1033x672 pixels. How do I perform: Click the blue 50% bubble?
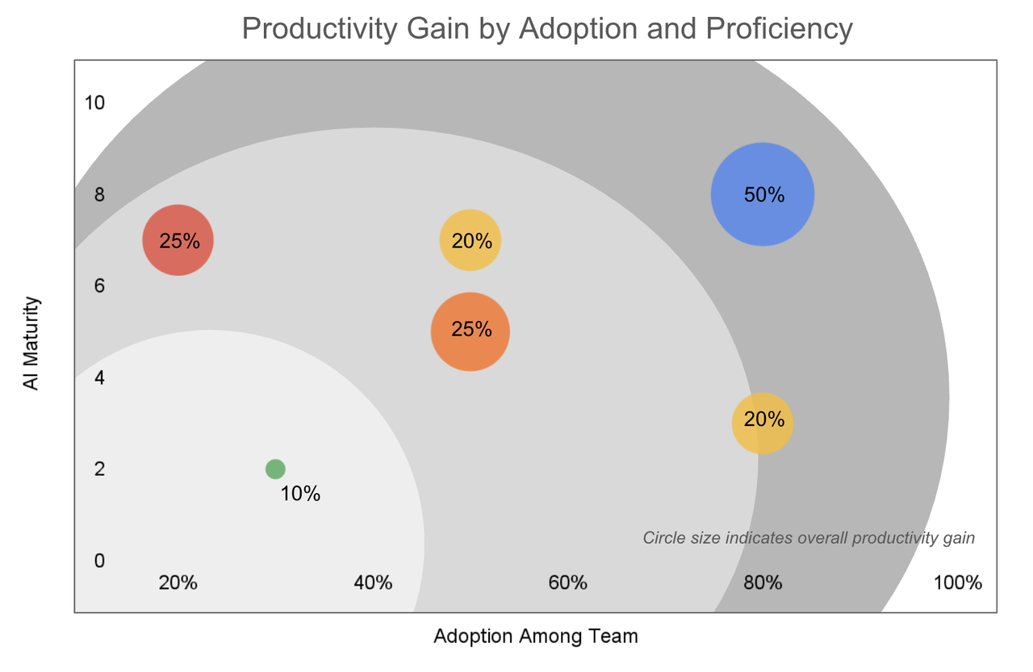click(762, 194)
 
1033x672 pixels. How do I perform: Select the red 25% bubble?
click(178, 240)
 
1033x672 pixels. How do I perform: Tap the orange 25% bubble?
click(470, 331)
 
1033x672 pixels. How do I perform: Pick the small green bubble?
click(275, 469)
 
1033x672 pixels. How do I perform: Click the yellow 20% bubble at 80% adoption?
click(763, 423)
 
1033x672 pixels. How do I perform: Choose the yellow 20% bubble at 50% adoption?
click(470, 240)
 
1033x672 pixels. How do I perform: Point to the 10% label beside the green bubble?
click(300, 494)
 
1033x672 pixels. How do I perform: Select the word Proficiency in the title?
click(779, 29)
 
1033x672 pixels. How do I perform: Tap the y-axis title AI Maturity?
click(31, 343)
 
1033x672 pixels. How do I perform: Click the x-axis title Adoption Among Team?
click(536, 637)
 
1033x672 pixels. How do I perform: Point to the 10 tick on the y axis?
click(94, 102)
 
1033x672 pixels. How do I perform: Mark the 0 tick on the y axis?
click(99, 560)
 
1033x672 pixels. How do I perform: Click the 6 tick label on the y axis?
click(99, 286)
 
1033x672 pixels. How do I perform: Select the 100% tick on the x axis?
click(957, 582)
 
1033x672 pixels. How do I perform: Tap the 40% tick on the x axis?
click(373, 582)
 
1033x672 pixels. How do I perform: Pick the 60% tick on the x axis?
click(567, 582)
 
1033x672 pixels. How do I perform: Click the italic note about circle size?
click(809, 538)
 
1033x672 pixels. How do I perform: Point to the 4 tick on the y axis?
click(99, 377)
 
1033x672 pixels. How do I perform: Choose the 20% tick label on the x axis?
click(178, 582)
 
